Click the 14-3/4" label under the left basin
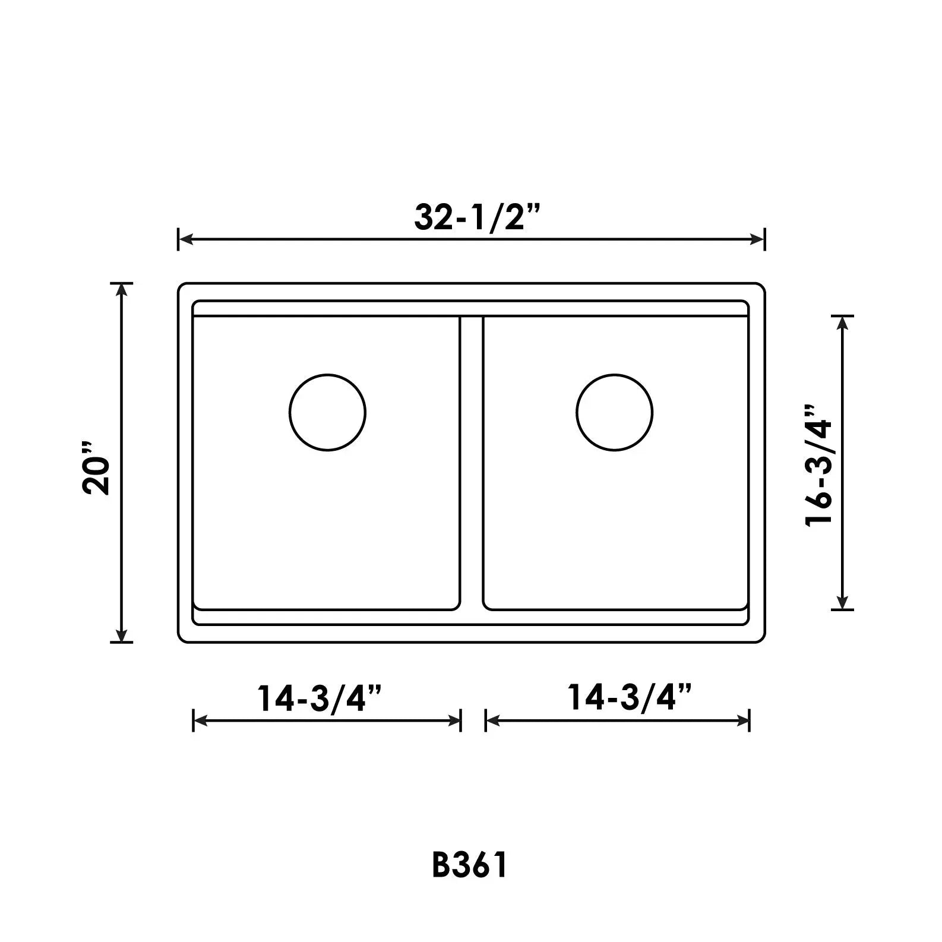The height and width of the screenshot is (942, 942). coord(319,698)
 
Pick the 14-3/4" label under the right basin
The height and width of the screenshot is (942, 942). coord(630,697)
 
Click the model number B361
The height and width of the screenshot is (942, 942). coord(470,865)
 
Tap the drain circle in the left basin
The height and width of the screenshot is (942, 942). coord(327,412)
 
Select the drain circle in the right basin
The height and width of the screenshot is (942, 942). coord(614,412)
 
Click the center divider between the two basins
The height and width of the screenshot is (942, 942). coord(472,463)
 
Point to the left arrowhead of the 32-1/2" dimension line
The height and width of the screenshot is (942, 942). coord(185,239)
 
